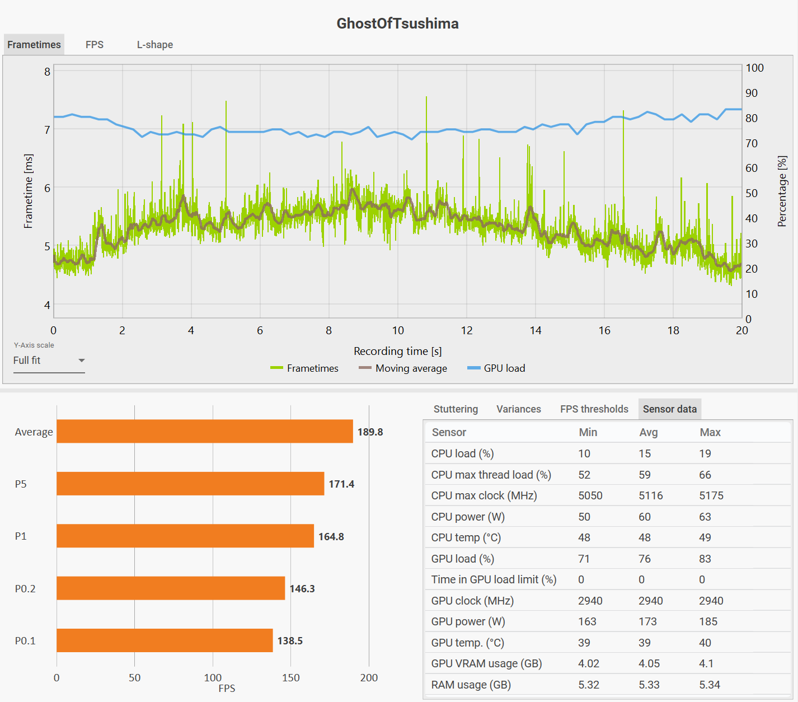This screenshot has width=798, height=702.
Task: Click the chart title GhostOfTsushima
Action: pos(397,24)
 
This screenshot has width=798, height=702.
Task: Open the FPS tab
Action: pos(95,45)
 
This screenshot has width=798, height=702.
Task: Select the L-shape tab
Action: pos(155,45)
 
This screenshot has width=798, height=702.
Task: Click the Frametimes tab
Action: pos(34,45)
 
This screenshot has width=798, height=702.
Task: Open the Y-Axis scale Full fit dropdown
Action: pos(49,361)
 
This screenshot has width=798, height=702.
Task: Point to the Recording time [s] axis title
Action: pos(397,351)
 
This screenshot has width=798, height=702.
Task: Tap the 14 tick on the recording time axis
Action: pos(536,330)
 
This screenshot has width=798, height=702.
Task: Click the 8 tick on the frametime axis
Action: pos(48,72)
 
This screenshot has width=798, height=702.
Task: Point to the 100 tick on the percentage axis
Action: pos(754,68)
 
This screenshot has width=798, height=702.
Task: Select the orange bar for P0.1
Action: pos(165,640)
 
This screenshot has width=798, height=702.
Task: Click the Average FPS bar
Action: pos(205,432)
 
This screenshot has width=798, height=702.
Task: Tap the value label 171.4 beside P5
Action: pos(341,484)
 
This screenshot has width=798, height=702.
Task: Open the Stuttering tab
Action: pos(456,409)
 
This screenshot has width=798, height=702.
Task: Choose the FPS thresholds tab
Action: pos(594,409)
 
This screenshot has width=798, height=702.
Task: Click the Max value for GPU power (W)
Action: pos(708,621)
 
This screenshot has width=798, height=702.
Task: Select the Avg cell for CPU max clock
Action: pos(650,495)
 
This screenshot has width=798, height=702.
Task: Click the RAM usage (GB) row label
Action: pos(471,685)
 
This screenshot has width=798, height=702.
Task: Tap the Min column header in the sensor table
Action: pos(588,432)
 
